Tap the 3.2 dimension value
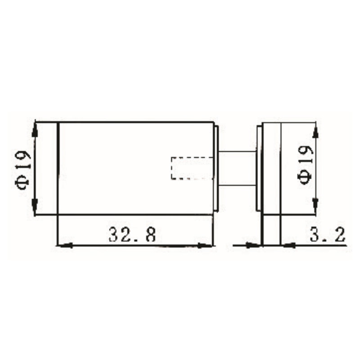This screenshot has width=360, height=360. (x=327, y=234)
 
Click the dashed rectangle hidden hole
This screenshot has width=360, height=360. (x=190, y=168)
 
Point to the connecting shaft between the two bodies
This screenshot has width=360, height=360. (x=237, y=168)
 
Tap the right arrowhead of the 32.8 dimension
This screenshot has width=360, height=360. (x=207, y=245)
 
